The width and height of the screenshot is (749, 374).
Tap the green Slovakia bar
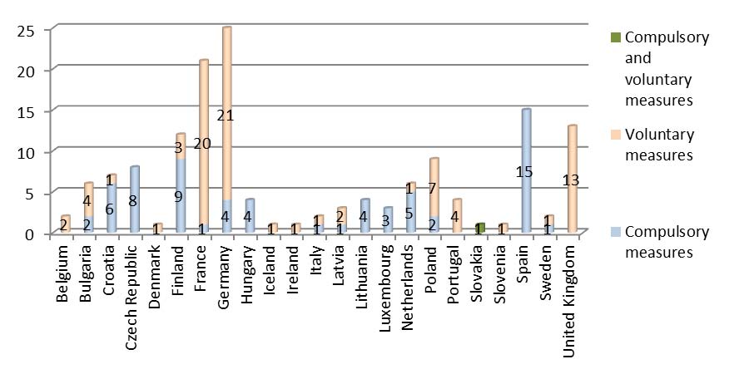click(x=480, y=228)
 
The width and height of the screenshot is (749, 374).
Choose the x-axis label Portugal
click(x=457, y=270)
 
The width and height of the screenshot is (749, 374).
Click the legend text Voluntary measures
click(x=658, y=143)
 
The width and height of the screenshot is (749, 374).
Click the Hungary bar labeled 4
click(x=250, y=216)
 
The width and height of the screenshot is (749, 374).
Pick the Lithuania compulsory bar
click(x=365, y=216)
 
